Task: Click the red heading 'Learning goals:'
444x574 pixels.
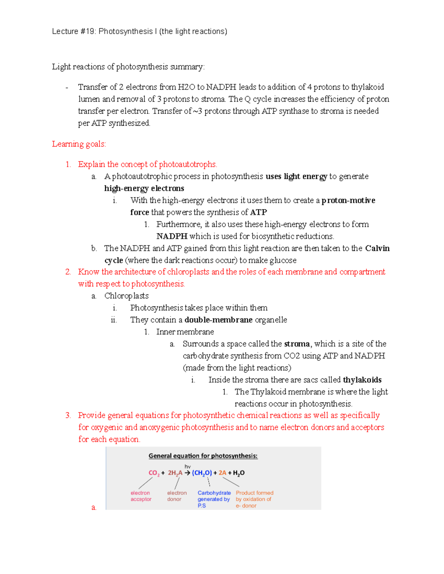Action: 79,144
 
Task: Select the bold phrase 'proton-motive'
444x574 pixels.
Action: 348,200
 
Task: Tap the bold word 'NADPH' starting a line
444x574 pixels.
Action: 172,236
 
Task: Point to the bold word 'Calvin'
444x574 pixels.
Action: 377,248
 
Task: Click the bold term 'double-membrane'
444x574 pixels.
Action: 218,320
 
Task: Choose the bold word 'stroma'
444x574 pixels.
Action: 297,344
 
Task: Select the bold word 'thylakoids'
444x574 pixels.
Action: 362,380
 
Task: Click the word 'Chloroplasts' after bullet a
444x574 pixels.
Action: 126,296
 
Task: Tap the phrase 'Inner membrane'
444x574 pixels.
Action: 185,332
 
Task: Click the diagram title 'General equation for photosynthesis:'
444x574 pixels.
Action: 203,456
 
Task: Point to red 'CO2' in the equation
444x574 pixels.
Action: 154,473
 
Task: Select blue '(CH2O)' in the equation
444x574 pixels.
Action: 202,473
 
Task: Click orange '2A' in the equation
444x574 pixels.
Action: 222,473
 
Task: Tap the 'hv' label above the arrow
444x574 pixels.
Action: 188,466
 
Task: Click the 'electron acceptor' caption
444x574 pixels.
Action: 141,496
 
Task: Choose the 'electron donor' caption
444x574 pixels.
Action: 176,496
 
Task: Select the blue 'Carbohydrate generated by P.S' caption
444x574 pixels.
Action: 213,499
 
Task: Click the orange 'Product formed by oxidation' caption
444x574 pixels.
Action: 254,499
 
